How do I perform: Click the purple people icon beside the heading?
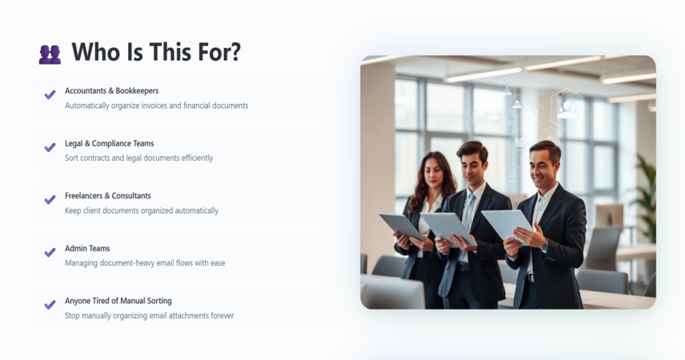click(50, 54)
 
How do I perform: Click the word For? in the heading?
click(219, 52)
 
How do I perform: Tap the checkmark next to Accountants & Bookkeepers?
click(50, 94)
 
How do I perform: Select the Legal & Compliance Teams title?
click(109, 143)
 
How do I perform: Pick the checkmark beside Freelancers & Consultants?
click(50, 200)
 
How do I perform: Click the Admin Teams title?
click(87, 248)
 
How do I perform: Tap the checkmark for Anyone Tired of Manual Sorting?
click(50, 305)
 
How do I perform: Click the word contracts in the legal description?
click(94, 158)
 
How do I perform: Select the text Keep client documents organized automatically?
click(142, 210)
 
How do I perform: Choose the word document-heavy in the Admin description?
click(127, 263)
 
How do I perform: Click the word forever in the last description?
click(222, 315)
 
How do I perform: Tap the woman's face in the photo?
click(434, 174)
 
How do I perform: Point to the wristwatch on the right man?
click(545, 246)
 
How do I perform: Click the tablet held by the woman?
click(401, 226)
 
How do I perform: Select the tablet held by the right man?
click(507, 225)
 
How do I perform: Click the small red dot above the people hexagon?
click(560, 94)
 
